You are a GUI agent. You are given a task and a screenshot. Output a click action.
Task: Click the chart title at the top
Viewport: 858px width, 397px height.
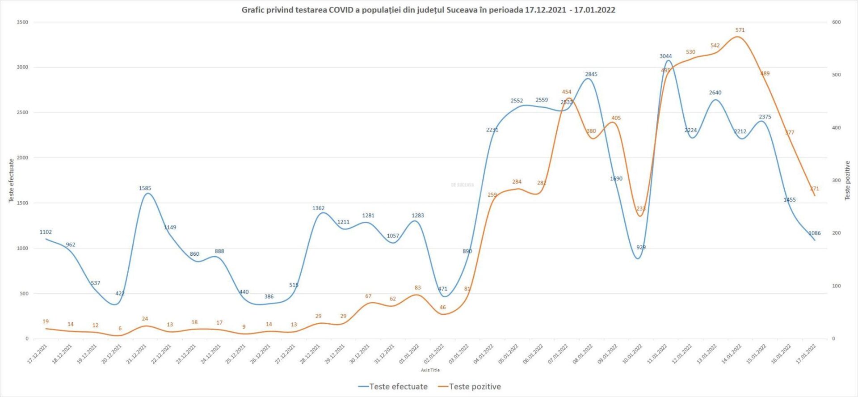point(428,10)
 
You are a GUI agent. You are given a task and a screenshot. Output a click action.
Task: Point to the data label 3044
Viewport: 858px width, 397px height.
point(665,56)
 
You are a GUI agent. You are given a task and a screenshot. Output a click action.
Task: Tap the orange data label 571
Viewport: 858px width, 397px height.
point(740,30)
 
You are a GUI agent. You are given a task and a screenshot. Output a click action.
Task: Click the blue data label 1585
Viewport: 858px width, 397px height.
point(145,188)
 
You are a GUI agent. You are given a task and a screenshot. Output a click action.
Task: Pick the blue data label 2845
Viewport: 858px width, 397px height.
point(591,74)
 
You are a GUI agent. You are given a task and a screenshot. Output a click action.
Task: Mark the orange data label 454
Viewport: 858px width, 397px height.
point(566,92)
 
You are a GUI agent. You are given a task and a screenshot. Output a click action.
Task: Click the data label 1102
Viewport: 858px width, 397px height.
point(46,232)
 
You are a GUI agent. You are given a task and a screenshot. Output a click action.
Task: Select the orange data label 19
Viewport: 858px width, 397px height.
point(46,321)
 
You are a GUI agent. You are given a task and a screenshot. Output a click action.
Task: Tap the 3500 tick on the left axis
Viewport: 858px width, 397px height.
point(22,22)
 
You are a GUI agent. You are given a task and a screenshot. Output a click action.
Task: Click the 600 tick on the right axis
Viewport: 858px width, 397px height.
point(836,22)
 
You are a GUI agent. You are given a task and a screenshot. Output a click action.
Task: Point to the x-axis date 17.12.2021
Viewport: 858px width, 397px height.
point(38,354)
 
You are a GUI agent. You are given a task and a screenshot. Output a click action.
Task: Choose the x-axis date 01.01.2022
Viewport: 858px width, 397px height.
point(409,354)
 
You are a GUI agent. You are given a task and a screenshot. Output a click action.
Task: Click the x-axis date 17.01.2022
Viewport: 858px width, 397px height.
point(806,354)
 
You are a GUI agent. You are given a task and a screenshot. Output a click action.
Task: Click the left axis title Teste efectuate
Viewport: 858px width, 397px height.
point(12,181)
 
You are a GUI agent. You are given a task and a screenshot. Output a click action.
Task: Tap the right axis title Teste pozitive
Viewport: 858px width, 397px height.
point(847,181)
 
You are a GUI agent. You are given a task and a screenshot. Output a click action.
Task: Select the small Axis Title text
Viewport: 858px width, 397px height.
point(430,370)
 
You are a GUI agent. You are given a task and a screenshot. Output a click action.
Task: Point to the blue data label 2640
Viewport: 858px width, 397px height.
point(715,93)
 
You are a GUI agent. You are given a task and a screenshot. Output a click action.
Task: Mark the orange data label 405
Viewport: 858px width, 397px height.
point(616,118)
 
